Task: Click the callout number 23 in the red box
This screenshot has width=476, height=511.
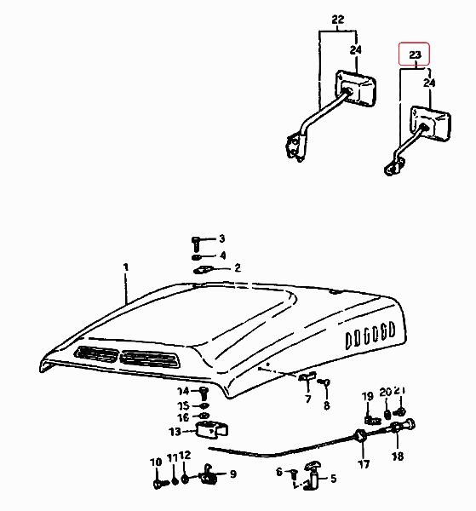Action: point(415,55)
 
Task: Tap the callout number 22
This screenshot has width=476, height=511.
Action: point(338,20)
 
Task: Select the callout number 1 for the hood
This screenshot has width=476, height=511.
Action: point(126,267)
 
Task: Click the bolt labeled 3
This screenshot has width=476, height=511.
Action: point(196,244)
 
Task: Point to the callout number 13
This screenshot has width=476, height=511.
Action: point(175,432)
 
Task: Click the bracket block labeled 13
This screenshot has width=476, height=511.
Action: point(211,430)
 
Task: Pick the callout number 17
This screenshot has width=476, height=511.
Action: point(364,464)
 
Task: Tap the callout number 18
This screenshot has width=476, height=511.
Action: point(398,456)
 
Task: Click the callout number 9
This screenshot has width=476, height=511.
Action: point(233,474)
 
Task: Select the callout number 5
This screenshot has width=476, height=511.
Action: point(333,479)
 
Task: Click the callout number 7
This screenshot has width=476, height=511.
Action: point(308,399)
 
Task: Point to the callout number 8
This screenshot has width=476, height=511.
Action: point(326,405)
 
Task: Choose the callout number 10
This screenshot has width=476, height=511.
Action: point(156,462)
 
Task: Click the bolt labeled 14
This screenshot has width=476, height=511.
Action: point(203,393)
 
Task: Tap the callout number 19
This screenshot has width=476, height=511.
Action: point(368,397)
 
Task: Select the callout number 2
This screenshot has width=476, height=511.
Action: point(238,268)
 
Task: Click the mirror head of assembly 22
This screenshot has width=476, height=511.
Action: point(356,88)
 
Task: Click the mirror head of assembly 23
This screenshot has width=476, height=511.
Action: point(430,123)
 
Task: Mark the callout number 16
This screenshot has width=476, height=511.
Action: point(183,416)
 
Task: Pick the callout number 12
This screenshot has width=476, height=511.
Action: point(185,455)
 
